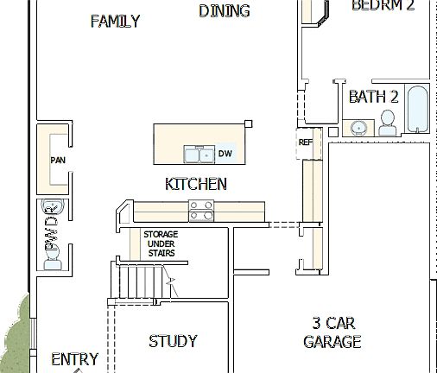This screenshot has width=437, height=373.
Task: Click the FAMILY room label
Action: tap(115, 22)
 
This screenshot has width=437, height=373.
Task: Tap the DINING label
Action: tap(224, 11)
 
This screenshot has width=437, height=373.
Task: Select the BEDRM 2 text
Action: tap(383, 5)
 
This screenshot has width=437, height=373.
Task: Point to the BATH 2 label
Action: tap(373, 98)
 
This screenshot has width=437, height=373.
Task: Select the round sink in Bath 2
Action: tap(358, 129)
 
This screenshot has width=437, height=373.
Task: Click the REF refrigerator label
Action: tap(305, 142)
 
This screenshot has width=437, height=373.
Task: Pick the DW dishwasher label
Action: tap(225, 155)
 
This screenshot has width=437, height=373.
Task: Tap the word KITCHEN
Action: tap(196, 184)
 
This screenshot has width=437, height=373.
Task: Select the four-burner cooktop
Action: tap(202, 211)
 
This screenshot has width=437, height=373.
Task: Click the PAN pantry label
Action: tap(58, 160)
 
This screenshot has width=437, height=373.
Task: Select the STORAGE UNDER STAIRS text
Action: tap(161, 243)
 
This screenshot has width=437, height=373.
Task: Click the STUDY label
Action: tap(173, 341)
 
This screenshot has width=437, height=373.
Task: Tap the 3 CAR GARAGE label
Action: tap(332, 332)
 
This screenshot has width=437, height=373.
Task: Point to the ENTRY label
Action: tap(74, 359)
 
